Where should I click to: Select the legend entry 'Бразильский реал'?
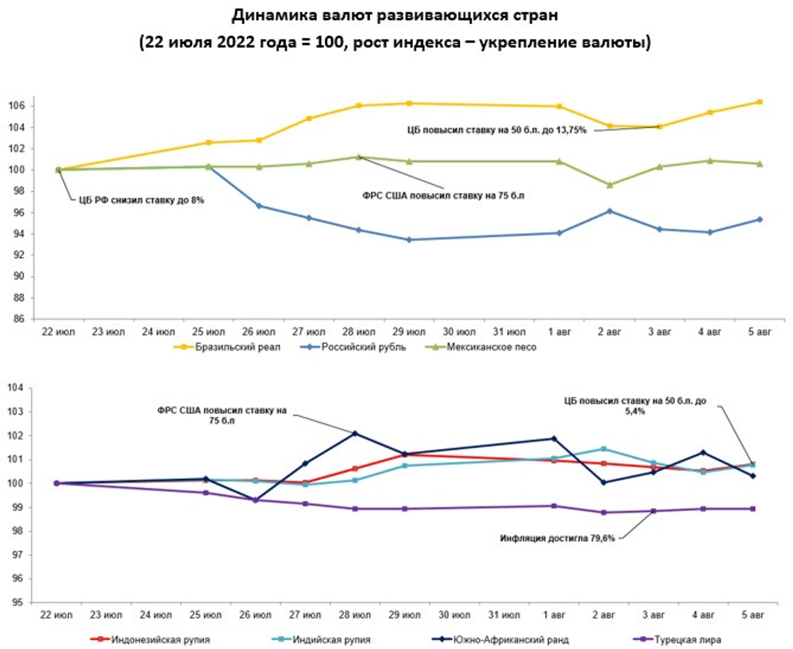tap(237, 347)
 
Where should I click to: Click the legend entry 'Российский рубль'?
tap(363, 347)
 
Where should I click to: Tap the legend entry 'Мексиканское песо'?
tap(491, 347)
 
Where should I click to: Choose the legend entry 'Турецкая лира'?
tap(687, 640)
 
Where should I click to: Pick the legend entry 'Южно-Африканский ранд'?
tap(511, 640)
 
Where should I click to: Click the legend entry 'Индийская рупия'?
tap(331, 640)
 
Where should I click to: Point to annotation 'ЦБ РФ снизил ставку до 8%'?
tap(141, 200)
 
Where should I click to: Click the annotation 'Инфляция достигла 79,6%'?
tap(557, 538)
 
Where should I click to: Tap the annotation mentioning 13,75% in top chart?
tap(497, 130)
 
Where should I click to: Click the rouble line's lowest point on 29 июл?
tap(409, 240)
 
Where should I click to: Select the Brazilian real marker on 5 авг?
tap(760, 102)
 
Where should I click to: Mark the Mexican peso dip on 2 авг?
tap(610, 185)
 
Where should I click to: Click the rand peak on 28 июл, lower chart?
tap(355, 434)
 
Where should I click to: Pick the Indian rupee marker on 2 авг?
tap(603, 449)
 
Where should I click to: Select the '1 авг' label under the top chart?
tap(560, 332)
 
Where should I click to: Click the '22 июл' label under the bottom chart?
tap(56, 615)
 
